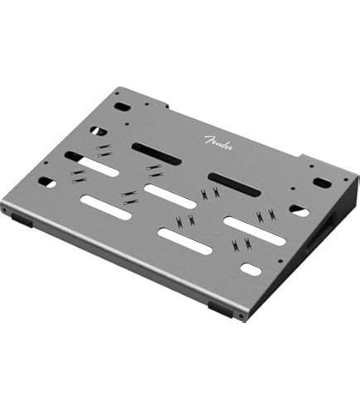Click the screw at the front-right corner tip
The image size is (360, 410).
(x=240, y=317)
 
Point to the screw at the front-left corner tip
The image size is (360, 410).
(x=5, y=212)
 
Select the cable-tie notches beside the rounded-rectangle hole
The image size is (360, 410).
(x=241, y=245)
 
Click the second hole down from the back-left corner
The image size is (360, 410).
(x=99, y=131)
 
